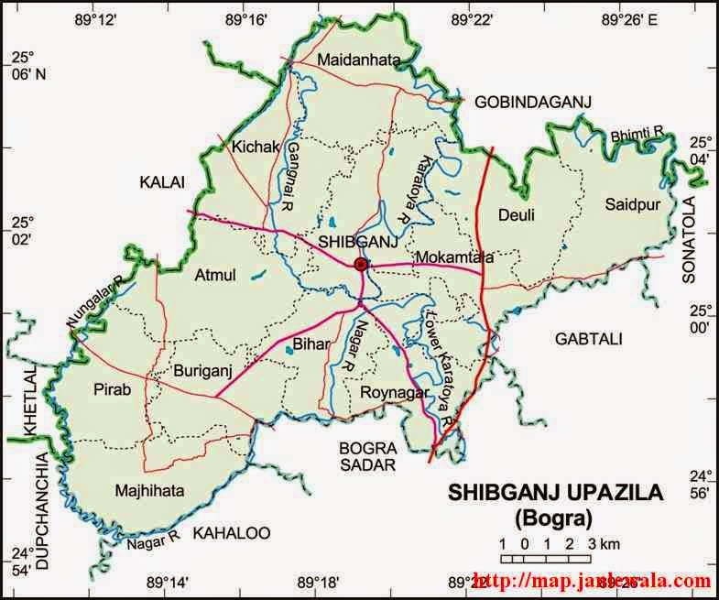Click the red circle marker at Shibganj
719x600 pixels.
(361, 264)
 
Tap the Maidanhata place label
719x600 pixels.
(359, 60)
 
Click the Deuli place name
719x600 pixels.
(515, 215)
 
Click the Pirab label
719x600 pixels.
(113, 389)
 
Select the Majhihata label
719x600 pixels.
(150, 491)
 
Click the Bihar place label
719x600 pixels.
(303, 346)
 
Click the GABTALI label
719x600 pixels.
(588, 339)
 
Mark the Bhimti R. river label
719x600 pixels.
(637, 135)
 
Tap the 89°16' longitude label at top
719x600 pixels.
(248, 18)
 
